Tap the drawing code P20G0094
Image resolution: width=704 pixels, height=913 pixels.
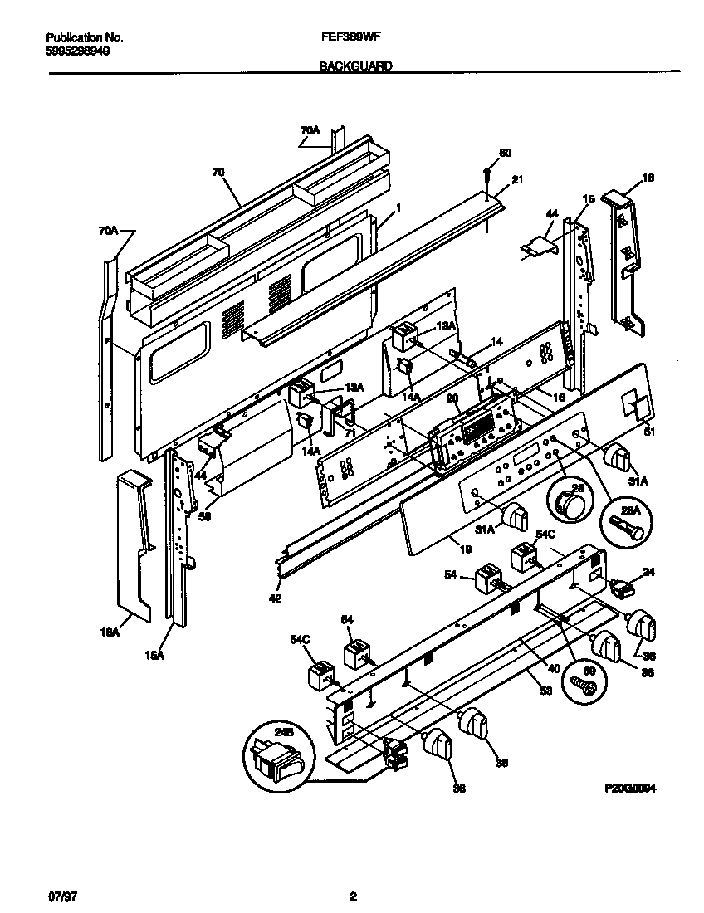click(631, 789)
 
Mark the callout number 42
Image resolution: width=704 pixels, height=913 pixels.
click(275, 598)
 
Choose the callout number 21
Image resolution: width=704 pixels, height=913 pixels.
click(517, 180)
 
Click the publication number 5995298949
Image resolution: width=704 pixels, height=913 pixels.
click(76, 50)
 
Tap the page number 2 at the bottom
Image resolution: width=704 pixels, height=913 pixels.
click(353, 896)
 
